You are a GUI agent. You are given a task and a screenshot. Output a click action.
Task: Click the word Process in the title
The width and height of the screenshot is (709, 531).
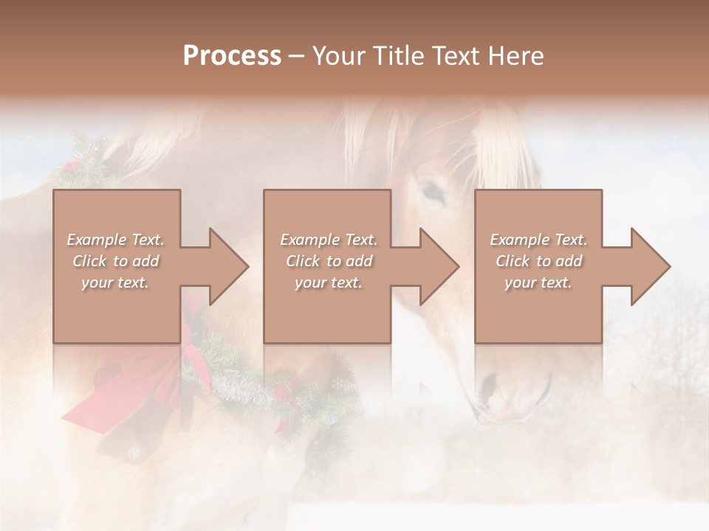coord(232,56)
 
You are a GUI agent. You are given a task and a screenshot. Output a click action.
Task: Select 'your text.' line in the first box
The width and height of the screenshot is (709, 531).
coord(115,282)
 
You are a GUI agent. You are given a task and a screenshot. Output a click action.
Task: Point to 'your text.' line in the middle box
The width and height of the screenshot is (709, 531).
coord(329,282)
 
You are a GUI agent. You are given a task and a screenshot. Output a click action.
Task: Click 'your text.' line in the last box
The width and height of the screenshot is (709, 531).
coord(538,282)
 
